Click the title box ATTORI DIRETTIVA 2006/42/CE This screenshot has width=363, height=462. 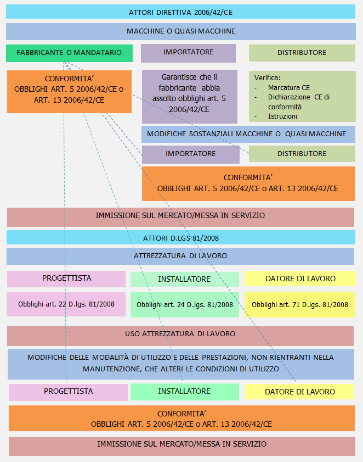pyautogui.click(x=180, y=12)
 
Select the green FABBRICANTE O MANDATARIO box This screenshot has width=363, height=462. pyautogui.click(x=70, y=53)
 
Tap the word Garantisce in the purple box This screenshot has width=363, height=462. pyautogui.click(x=179, y=77)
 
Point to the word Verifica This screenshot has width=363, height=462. pyautogui.click(x=267, y=78)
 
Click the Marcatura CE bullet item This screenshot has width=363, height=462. pyautogui.click(x=289, y=87)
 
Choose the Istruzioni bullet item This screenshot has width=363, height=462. pyautogui.click(x=282, y=116)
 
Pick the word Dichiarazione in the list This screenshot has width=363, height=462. pyautogui.click(x=285, y=97)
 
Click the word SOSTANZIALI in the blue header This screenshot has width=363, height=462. pyautogui.click(x=211, y=134)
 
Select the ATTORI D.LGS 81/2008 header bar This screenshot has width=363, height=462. pyautogui.click(x=180, y=237)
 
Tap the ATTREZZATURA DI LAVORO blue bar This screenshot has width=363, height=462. pyautogui.click(x=180, y=256)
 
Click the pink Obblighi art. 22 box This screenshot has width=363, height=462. pyautogui.click(x=66, y=304)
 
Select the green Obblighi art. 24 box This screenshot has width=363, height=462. pyautogui.click(x=185, y=305)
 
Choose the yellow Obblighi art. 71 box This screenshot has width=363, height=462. pyautogui.click(x=300, y=305)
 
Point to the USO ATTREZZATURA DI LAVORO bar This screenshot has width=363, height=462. pyautogui.click(x=180, y=336)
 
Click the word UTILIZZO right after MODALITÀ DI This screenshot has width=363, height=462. pyautogui.click(x=156, y=358)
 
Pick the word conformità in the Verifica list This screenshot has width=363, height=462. pyautogui.click(x=285, y=107)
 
